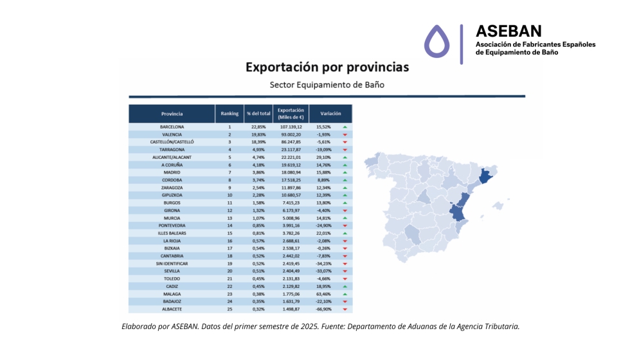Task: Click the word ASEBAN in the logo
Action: click(x=508, y=31)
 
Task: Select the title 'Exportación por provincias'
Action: click(x=327, y=67)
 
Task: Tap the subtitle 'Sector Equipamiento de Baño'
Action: click(x=327, y=85)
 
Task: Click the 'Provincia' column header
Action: click(x=172, y=114)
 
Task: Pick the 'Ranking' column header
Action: click(x=230, y=114)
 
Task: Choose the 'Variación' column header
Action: click(x=330, y=114)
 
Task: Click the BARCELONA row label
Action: click(x=172, y=127)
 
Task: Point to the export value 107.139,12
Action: click(x=291, y=127)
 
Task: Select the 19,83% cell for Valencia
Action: click(x=258, y=134)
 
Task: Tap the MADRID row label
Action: click(x=172, y=172)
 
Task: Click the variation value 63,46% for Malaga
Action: click(x=323, y=294)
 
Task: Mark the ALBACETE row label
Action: click(x=172, y=309)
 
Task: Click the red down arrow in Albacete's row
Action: click(x=345, y=309)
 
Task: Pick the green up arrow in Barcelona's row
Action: click(x=345, y=127)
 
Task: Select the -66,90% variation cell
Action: click(x=323, y=309)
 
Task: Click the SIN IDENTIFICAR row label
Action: click(x=172, y=264)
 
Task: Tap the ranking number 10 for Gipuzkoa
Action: click(x=230, y=195)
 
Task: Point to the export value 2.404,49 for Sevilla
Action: click(x=291, y=271)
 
